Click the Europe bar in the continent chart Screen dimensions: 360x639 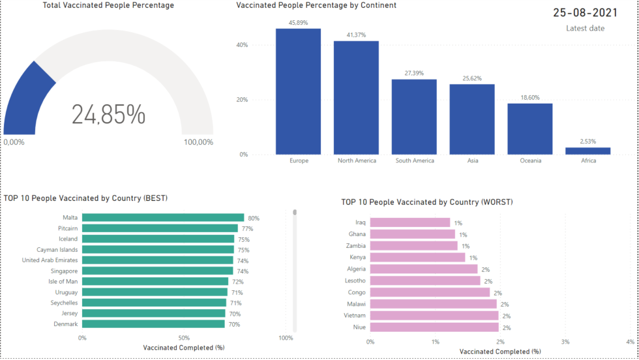298,91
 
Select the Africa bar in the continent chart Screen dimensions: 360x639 588,151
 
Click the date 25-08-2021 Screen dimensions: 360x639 585,12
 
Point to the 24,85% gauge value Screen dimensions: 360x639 108,115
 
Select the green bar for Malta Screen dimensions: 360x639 162,218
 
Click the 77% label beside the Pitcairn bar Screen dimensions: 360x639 247,229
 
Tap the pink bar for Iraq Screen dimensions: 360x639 410,222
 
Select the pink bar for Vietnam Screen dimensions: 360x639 434,316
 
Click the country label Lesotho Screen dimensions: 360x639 355,281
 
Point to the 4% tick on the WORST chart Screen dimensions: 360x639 630,342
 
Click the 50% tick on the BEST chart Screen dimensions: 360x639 184,338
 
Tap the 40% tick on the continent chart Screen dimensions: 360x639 242,45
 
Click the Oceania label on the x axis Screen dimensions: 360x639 530,160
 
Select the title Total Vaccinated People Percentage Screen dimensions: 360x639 108,5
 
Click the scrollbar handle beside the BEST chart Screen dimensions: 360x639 295,212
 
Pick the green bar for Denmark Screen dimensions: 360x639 153,324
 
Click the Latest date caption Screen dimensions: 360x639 585,28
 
